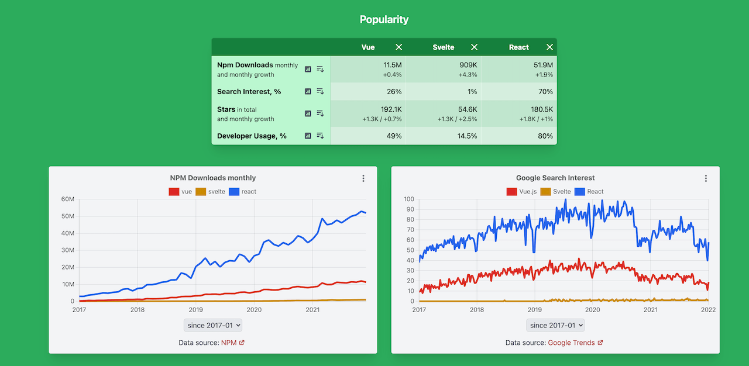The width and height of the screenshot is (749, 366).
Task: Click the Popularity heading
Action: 384,19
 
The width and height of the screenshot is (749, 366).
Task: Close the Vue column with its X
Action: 398,47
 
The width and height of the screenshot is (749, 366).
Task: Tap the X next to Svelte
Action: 474,47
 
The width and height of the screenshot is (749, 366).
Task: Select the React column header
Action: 518,47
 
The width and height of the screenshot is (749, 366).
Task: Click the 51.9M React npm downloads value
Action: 541,65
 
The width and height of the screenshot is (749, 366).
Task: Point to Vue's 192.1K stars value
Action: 390,109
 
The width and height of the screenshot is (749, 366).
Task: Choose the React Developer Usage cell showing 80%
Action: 545,136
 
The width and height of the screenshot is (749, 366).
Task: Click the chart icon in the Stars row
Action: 308,113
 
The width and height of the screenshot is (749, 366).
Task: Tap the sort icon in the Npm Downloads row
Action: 320,69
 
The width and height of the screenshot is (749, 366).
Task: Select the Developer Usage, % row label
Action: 252,136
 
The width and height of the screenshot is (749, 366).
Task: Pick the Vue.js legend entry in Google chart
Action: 521,192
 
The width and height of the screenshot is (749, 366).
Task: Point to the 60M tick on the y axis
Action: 68,199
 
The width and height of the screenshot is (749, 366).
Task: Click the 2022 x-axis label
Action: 708,310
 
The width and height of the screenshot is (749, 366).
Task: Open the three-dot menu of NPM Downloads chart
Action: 363,178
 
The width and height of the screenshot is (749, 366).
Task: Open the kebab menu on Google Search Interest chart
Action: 706,178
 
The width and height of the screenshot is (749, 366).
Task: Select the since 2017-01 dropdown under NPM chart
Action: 213,326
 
